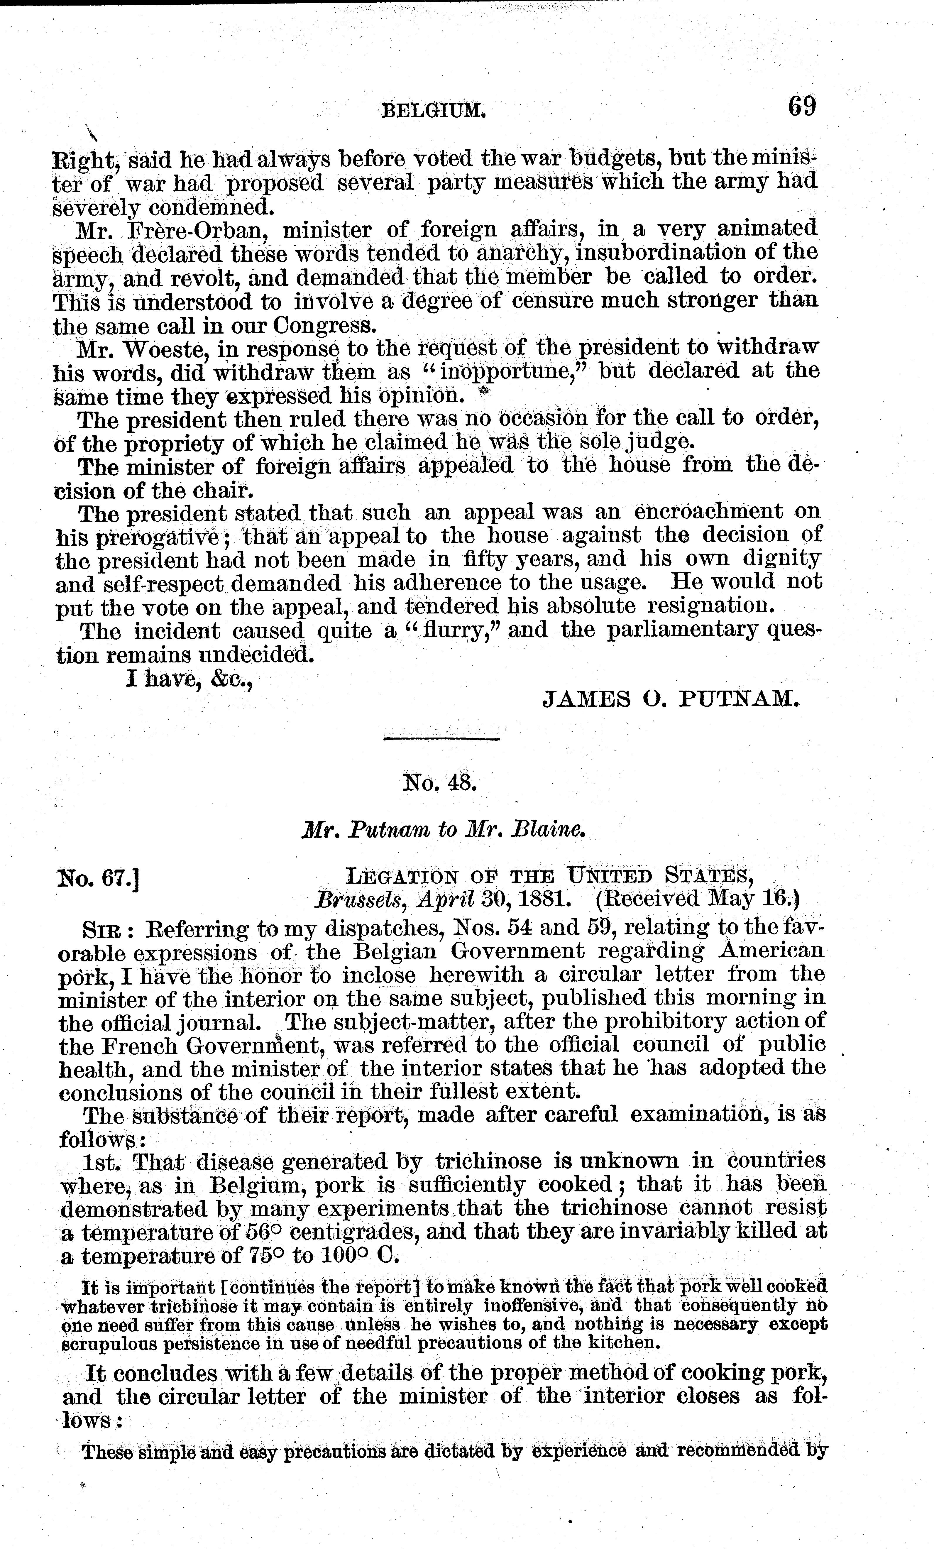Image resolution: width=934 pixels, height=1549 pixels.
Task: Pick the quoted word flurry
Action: [x=457, y=630]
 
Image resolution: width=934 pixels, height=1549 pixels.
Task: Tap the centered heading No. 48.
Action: [x=440, y=783]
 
